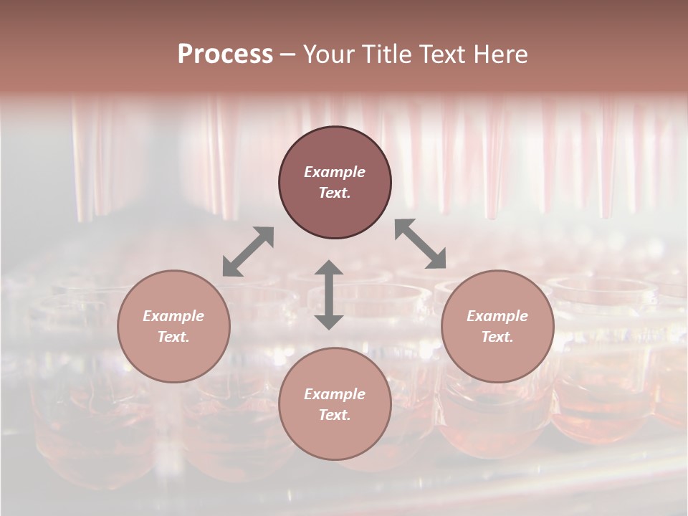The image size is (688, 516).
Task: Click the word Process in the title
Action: click(225, 54)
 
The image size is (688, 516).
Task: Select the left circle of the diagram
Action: click(173, 326)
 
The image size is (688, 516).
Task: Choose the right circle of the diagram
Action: click(497, 326)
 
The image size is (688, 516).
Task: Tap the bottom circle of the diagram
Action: click(335, 403)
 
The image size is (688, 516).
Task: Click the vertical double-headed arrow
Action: click(329, 295)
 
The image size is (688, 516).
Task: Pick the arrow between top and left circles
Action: click(248, 252)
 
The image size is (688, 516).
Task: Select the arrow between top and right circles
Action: click(421, 244)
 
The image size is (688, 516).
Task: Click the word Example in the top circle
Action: click(335, 172)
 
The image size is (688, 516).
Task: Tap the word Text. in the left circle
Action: click(173, 337)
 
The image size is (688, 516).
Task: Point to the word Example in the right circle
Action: click(497, 316)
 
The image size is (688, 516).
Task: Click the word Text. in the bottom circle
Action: click(335, 415)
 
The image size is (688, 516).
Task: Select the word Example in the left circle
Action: click(173, 316)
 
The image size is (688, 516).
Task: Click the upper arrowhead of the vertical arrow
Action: click(329, 269)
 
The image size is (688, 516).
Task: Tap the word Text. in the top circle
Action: click(335, 193)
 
